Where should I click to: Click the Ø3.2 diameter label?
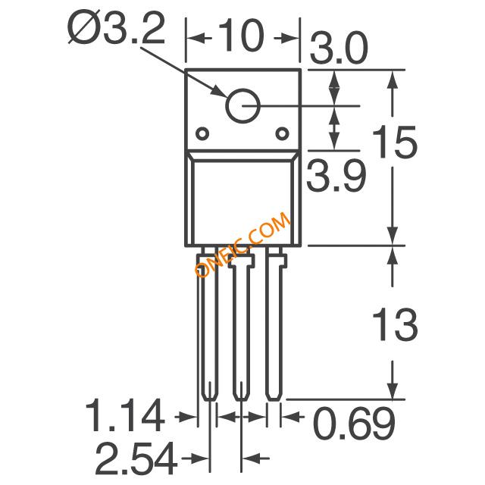[x=116, y=29]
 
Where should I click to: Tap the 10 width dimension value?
[x=241, y=36]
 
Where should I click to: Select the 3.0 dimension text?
[x=339, y=48]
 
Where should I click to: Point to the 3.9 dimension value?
[x=336, y=176]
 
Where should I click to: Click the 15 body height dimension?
[x=395, y=142]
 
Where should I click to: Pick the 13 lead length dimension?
[x=395, y=324]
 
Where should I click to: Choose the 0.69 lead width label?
[x=355, y=423]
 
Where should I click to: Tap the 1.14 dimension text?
[x=124, y=415]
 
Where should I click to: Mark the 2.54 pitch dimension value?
[x=136, y=458]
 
